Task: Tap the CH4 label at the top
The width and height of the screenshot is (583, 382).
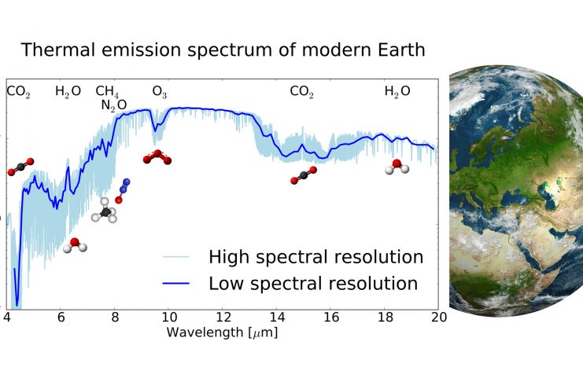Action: pyautogui.click(x=108, y=92)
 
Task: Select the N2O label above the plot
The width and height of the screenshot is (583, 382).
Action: pyautogui.click(x=114, y=105)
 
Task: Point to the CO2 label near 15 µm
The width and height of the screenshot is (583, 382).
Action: pyautogui.click(x=301, y=92)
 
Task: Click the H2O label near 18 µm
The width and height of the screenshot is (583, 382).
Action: pyautogui.click(x=397, y=92)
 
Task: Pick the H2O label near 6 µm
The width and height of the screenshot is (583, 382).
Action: pyautogui.click(x=68, y=92)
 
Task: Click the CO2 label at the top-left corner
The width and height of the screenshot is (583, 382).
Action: pyautogui.click(x=18, y=92)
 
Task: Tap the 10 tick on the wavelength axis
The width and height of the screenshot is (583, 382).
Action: pyautogui.click(x=168, y=317)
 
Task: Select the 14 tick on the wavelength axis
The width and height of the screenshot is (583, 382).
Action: pyautogui.click(x=277, y=317)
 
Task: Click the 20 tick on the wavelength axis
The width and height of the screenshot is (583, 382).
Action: pyautogui.click(x=438, y=317)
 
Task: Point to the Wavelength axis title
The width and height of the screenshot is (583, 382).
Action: pyautogui.click(x=222, y=332)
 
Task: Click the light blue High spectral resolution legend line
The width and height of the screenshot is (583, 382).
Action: pyautogui.click(x=178, y=257)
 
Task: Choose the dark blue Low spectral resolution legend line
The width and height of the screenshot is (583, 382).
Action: pyautogui.click(x=178, y=284)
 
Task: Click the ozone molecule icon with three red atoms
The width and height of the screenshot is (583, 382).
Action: pyautogui.click(x=157, y=157)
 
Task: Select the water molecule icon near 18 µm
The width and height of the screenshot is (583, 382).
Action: pyautogui.click(x=396, y=167)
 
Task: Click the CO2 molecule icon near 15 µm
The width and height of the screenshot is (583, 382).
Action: pyautogui.click(x=303, y=175)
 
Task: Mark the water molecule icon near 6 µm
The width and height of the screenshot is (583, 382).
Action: pyautogui.click(x=76, y=245)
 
